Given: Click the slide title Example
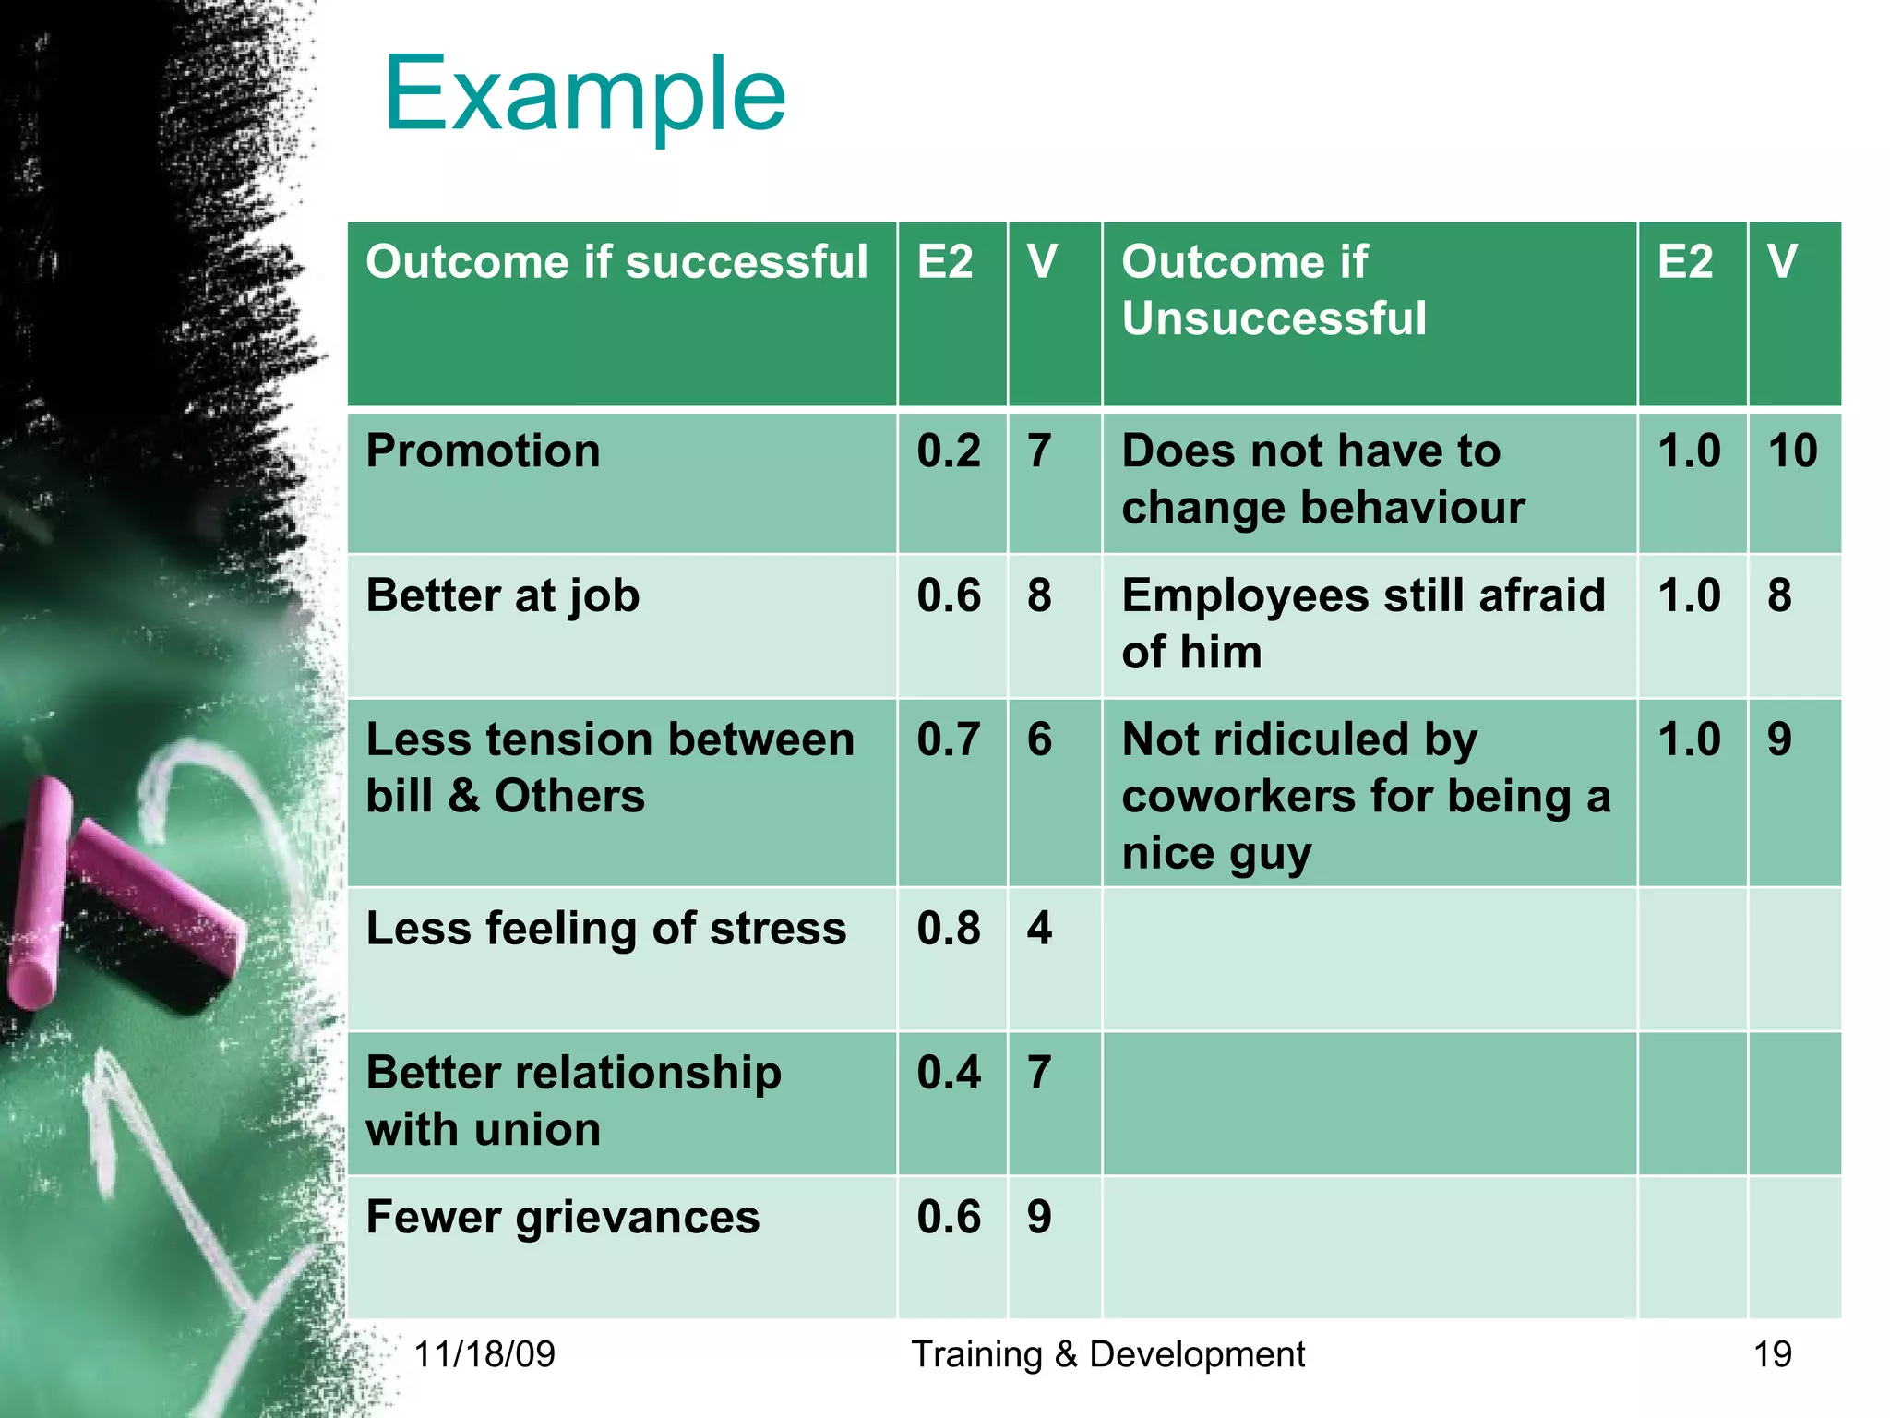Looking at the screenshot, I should (584, 94).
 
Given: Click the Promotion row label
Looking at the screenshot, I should (483, 451).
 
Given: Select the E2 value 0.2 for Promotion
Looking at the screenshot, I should (949, 451).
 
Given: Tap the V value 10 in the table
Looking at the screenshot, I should (1792, 451).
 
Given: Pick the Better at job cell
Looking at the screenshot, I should (503, 596).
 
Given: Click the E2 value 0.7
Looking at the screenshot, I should (949, 740).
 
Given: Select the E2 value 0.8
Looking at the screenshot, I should (949, 929).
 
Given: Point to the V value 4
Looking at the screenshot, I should (1039, 929).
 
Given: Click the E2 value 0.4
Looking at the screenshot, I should (949, 1073).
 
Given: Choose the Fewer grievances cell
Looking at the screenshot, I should (563, 1218).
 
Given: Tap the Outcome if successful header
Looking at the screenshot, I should (616, 262).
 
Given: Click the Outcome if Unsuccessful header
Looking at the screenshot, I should (1274, 290).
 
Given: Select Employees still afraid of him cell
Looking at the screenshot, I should (1363, 623).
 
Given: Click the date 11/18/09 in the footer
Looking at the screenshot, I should (484, 1354).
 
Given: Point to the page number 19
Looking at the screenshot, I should (1772, 1354).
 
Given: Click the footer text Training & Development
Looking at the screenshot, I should (1107, 1354).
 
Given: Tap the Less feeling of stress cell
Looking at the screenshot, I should (605, 929).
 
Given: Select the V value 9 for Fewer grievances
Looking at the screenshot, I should (1039, 1218).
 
